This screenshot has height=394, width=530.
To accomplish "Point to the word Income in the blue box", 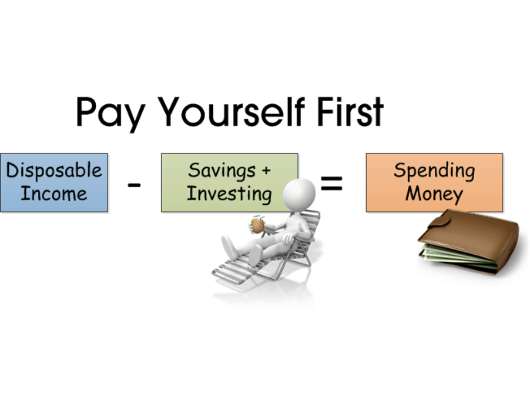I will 53,194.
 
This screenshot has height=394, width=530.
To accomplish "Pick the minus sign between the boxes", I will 134,185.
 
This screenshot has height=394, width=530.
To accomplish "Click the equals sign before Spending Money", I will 331,182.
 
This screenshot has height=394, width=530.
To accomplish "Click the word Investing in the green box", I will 229,194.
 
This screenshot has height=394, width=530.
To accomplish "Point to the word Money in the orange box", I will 434,194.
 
